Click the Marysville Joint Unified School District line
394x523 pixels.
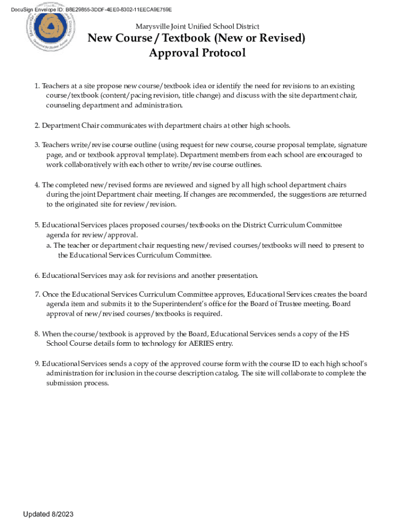pyautogui.click(x=197, y=26)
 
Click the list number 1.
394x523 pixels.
pyautogui.click(x=37, y=86)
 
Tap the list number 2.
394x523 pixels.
pyautogui.click(x=37, y=126)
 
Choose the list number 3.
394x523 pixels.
pyautogui.click(x=37, y=145)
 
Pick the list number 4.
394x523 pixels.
pyautogui.click(x=37, y=185)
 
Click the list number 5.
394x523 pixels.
pyautogui.click(x=37, y=225)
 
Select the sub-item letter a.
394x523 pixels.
pyautogui.click(x=48, y=246)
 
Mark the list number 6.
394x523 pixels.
pyautogui.click(x=37, y=276)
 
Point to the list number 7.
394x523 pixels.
pyautogui.click(x=37, y=295)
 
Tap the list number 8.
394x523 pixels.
pyautogui.click(x=37, y=334)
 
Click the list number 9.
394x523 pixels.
pyautogui.click(x=37, y=364)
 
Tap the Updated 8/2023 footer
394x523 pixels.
pyautogui.click(x=51, y=514)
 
